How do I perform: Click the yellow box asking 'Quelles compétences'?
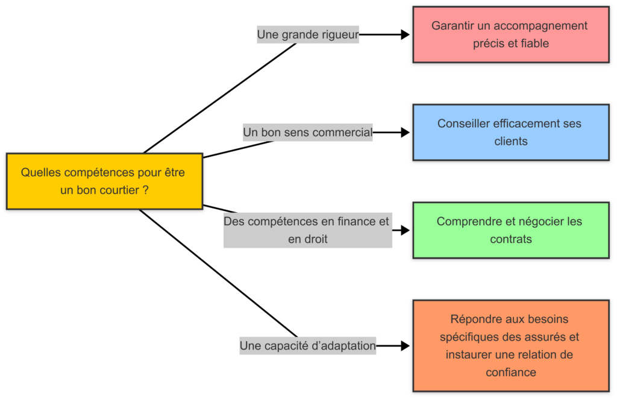coord(104,181)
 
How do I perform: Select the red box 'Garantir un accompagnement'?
coord(510,34)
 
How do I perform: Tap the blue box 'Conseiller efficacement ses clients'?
coord(510,132)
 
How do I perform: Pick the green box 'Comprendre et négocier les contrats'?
coord(510,230)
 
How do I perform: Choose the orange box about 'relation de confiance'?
coord(510,345)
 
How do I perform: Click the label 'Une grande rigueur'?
coord(308,35)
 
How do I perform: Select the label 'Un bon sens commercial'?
coord(308,132)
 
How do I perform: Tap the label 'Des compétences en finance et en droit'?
coord(307,230)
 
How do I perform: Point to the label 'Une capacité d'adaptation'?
coord(308,346)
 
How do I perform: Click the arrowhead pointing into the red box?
coord(406,35)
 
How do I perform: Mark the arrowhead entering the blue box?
coord(406,132)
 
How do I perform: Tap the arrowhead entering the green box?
coord(406,230)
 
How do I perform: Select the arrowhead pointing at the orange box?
coord(406,346)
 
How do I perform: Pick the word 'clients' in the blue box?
coord(510,142)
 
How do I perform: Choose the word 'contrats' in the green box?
coord(510,239)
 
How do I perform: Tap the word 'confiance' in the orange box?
coord(510,372)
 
